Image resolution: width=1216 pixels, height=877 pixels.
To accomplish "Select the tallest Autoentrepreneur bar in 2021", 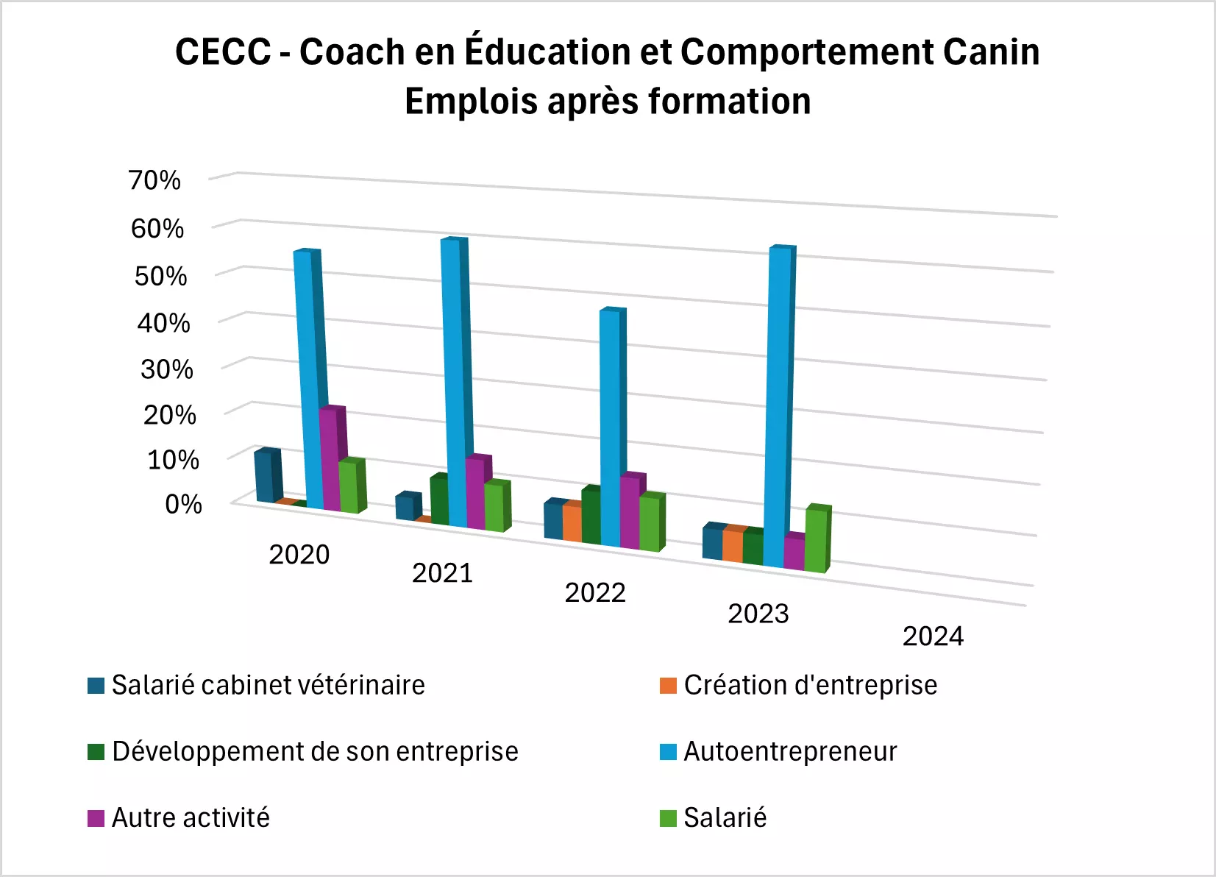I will tap(455, 383).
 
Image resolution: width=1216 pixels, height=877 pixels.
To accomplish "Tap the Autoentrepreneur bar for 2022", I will tap(611, 427).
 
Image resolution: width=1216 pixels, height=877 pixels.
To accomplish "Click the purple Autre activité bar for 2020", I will tap(330, 460).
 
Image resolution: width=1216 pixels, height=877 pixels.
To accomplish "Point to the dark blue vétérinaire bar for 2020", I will tap(265, 477).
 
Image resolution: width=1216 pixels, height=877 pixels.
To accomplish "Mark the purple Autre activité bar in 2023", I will tap(794, 552).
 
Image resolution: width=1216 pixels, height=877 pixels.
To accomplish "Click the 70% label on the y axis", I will tap(154, 180).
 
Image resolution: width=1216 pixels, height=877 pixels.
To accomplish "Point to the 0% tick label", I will tap(183, 505).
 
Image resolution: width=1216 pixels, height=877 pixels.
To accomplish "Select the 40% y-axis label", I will tap(163, 323).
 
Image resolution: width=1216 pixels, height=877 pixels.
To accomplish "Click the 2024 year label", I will tap(933, 636).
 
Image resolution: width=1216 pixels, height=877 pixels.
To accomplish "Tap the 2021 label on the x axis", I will tap(442, 573).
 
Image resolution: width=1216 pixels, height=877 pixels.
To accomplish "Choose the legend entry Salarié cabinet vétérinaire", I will tap(268, 686).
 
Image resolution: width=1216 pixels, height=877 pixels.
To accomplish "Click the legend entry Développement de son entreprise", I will tap(315, 752).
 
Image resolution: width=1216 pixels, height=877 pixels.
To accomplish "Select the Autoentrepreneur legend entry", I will tap(790, 752).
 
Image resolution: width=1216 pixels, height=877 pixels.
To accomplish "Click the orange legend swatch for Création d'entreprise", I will tap(668, 686).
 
